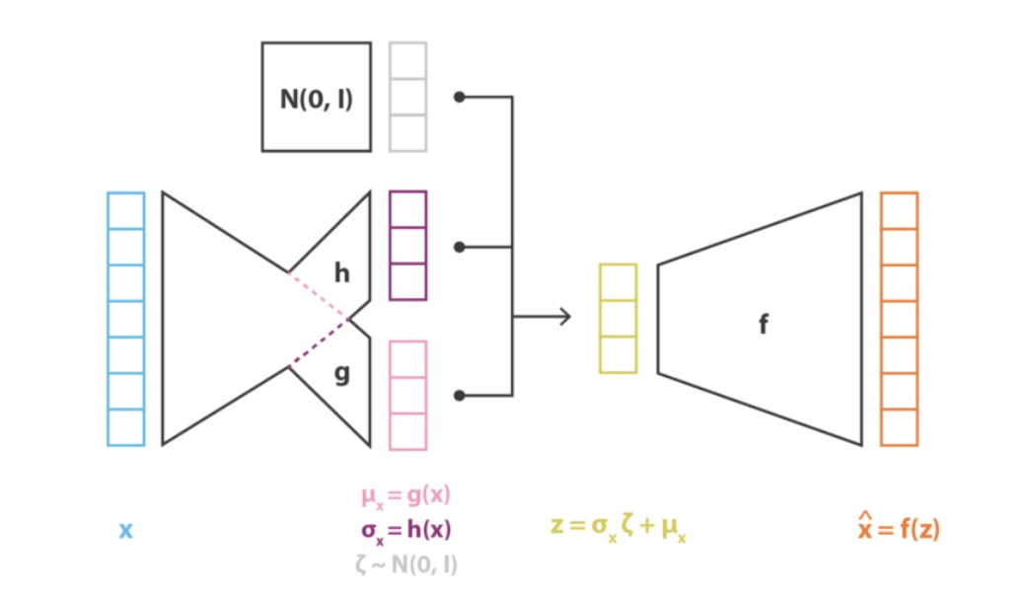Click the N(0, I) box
click(316, 97)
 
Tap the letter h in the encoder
click(341, 272)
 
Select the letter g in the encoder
click(341, 374)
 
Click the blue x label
click(125, 531)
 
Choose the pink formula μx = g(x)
click(405, 494)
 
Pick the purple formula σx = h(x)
click(405, 530)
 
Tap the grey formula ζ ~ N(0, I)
click(405, 564)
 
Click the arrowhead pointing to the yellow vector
click(565, 317)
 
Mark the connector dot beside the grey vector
click(459, 97)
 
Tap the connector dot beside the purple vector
click(459, 246)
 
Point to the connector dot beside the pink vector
click(459, 396)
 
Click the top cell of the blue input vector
click(125, 210)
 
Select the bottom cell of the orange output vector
click(899, 427)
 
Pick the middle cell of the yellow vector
click(618, 318)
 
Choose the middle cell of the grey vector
click(407, 97)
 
